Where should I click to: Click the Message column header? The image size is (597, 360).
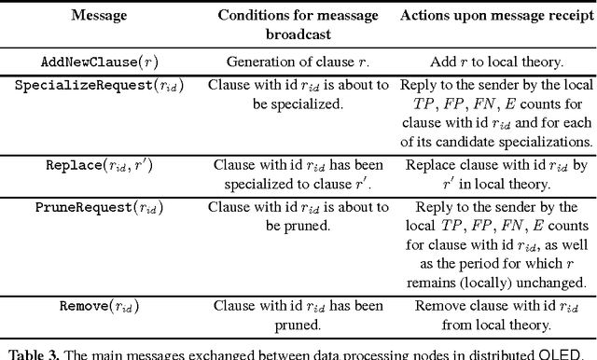tap(98, 16)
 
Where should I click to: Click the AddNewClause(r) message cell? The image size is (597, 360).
tap(98, 62)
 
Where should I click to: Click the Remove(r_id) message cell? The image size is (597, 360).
tap(98, 305)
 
